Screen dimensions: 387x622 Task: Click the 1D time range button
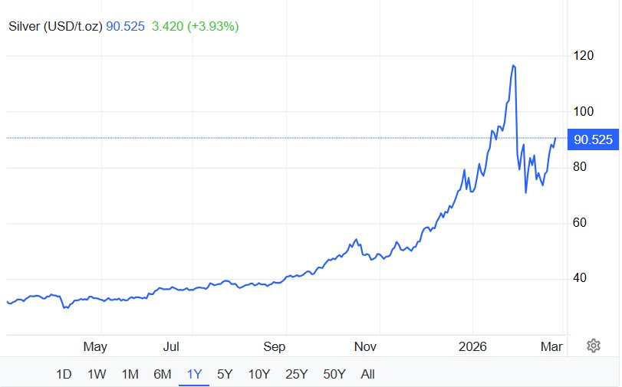click(64, 375)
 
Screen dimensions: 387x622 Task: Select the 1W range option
click(97, 375)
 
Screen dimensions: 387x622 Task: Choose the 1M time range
click(130, 375)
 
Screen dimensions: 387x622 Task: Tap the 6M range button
click(162, 375)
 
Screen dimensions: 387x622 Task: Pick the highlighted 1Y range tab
click(194, 375)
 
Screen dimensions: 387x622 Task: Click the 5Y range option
click(225, 375)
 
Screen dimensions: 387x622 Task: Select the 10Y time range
click(258, 375)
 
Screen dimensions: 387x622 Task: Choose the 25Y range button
click(295, 375)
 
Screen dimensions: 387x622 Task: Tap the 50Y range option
click(334, 375)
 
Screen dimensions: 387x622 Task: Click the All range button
click(367, 375)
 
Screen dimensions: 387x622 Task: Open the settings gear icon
click(593, 346)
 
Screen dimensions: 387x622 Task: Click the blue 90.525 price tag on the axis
click(594, 139)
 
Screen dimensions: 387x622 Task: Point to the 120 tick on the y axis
click(584, 55)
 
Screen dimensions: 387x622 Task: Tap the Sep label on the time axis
click(275, 347)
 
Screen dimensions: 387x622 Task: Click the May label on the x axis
click(94, 347)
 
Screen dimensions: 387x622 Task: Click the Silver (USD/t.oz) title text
click(56, 27)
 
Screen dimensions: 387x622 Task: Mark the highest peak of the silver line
click(513, 66)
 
